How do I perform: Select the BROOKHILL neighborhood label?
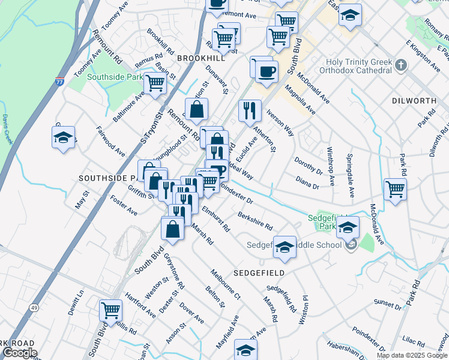(x=201, y=58)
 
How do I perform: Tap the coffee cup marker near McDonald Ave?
(x=267, y=71)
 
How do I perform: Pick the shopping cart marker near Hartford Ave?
(x=110, y=310)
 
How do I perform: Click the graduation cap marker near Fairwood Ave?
(x=64, y=137)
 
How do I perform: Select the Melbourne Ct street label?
(x=226, y=284)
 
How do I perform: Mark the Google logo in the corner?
(x=19, y=353)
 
